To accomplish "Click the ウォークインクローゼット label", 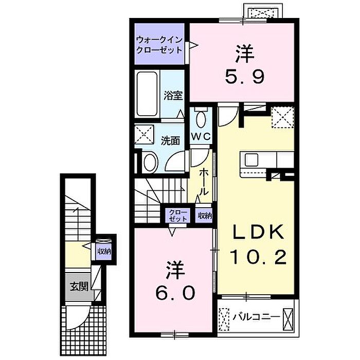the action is pos(159,45).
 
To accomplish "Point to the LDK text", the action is pos(258,232).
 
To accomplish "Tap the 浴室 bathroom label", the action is pos(173,96).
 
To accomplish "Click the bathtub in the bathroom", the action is pos(147,94).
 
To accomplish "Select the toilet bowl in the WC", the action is pos(201,119).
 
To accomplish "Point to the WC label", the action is pos(201,137).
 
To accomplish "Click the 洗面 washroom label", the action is pos(170,141).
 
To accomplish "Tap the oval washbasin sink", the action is pos(150,163).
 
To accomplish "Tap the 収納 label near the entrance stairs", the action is pos(104,251).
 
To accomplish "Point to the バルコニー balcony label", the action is pos(257,317).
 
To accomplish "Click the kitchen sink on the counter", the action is pos(251,160).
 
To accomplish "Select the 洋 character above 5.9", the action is pos(245,54).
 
